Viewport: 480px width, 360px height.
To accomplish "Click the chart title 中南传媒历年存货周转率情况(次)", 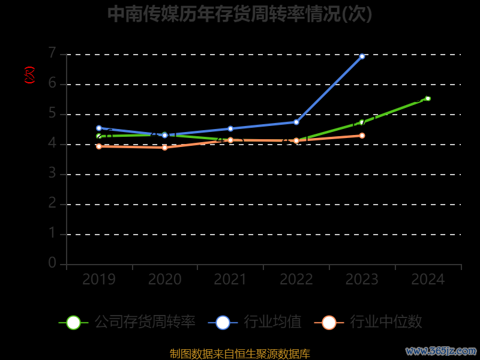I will coord(239,14).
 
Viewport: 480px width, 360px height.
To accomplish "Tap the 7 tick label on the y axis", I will coord(52,53).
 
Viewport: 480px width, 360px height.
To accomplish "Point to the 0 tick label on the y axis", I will coord(52,263).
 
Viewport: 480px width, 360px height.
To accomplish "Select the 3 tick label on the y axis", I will coord(52,173).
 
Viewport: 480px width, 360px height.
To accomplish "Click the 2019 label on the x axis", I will coord(99,280).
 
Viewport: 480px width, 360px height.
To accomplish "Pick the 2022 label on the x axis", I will coord(296,280).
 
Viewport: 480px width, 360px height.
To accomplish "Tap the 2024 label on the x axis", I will coord(428,280).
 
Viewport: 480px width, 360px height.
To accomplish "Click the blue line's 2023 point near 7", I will coord(362,56).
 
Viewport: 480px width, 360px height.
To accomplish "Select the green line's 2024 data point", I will coord(428,98).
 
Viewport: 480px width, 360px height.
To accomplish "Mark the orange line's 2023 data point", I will coord(362,136).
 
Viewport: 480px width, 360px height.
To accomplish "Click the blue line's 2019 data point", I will coord(99,128).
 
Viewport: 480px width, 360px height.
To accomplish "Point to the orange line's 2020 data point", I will coord(165,148).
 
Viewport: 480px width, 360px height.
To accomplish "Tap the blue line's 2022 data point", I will coord(296,122).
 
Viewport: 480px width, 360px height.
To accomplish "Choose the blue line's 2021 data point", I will coord(230,128).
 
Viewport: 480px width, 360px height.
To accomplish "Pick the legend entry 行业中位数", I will coord(368,322).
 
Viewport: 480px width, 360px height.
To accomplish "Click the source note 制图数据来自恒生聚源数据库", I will coord(239,354).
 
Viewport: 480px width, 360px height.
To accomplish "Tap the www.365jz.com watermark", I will coord(441,351).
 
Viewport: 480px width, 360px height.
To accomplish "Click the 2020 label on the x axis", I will coord(165,280).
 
